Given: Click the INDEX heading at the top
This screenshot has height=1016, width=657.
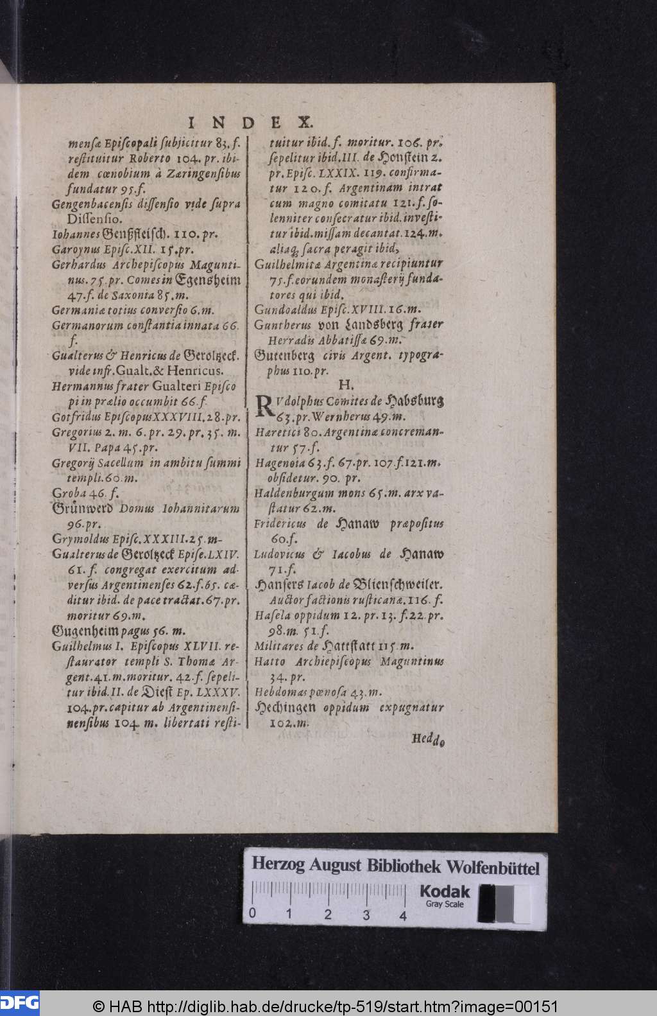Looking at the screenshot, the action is click(x=250, y=122).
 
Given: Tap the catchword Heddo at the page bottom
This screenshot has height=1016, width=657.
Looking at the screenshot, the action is click(x=428, y=739).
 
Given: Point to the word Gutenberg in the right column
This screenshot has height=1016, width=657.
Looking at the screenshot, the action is click(x=284, y=355).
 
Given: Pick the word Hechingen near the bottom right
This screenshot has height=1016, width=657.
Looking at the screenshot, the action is click(x=285, y=707).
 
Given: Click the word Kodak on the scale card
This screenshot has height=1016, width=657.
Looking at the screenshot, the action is click(x=445, y=891).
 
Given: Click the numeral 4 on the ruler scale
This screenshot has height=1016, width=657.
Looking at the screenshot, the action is click(x=403, y=916).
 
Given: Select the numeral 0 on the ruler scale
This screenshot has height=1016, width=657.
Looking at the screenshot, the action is click(x=253, y=915).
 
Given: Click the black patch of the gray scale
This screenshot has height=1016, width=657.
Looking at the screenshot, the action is click(x=487, y=902).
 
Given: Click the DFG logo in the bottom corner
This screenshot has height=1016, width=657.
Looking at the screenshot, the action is click(x=19, y=1003).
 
